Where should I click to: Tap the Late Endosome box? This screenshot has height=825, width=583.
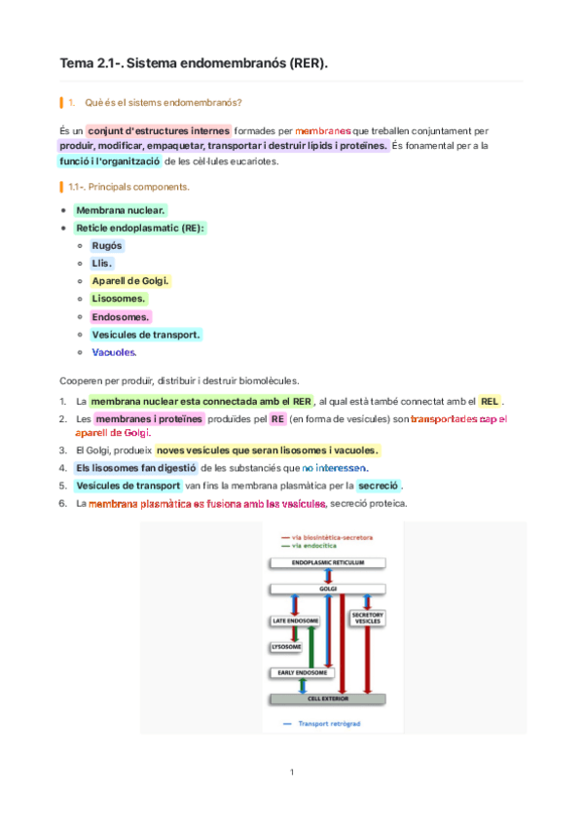coord(292,620)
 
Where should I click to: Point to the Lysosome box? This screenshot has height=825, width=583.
coord(285,646)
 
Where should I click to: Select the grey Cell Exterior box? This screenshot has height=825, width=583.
coord(327,699)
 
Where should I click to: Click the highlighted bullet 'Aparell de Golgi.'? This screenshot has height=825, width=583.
coord(130,280)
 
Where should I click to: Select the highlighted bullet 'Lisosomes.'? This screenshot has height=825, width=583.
coord(119,299)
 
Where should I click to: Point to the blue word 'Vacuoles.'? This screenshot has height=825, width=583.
coord(114,352)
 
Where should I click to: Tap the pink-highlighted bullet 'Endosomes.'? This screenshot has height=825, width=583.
coord(121,316)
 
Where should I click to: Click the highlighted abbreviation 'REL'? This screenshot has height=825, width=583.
coord(491,401)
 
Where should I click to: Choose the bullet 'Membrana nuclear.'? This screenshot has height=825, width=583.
coord(121,209)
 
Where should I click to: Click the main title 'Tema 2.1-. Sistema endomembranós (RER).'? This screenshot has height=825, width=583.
coord(195,63)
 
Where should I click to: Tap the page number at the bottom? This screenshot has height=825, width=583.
coord(291,772)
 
